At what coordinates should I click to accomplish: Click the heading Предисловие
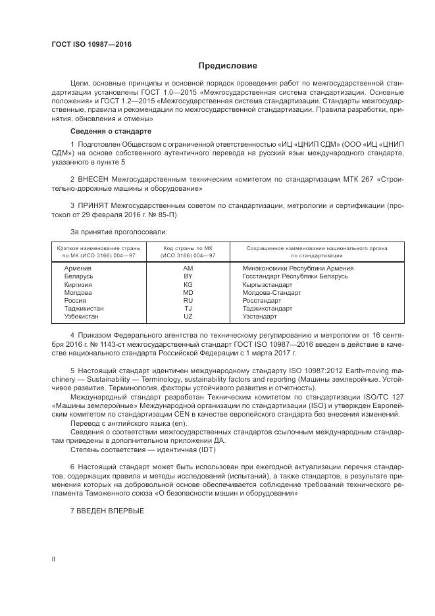coord(228,66)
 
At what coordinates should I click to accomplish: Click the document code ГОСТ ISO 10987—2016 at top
coord(91,43)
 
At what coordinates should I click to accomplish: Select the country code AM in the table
coord(188,269)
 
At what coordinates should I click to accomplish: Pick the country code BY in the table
coord(188,276)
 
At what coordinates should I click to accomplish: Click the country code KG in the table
coord(188,284)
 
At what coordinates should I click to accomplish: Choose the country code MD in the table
coord(188,292)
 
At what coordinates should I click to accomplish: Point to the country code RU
coord(188,300)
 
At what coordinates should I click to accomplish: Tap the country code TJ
coord(188,308)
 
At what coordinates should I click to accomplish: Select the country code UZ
coord(188,316)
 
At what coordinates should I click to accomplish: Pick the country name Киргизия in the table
coord(78,284)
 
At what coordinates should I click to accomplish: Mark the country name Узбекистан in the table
coord(81,316)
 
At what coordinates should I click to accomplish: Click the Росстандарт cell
coord(262,300)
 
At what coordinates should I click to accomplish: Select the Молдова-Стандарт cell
coord(271,292)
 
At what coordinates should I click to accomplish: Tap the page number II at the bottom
coord(53,559)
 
